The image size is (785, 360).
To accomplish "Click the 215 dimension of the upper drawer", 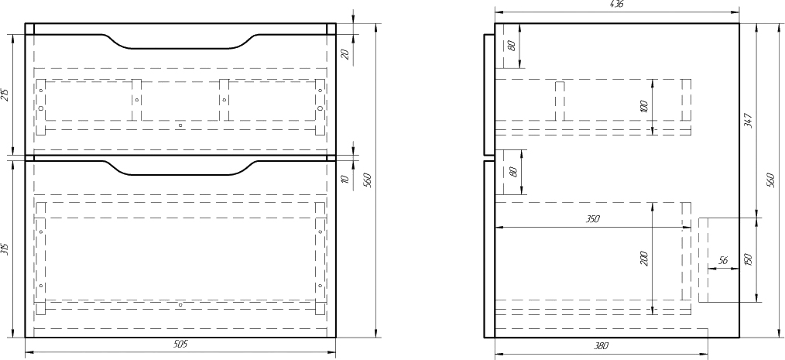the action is (5, 94).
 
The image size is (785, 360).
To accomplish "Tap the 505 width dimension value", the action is (180, 345).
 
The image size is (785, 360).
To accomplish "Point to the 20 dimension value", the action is (345, 54).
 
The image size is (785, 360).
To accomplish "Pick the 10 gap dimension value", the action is (345, 178).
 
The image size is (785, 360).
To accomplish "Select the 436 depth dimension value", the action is (617, 4).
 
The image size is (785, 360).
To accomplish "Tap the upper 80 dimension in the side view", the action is (511, 46).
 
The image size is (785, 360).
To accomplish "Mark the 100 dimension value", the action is (644, 107).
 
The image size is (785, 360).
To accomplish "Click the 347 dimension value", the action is (748, 121).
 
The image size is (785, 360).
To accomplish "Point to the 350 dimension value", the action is (592, 219).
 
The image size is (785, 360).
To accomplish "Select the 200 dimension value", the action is (644, 259).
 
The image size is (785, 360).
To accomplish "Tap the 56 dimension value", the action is (723, 260).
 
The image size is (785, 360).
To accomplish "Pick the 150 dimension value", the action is (749, 260).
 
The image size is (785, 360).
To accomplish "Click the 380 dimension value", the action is (602, 345).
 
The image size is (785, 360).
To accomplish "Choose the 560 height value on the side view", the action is (771, 180).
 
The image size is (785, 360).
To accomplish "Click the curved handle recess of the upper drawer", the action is (180, 42).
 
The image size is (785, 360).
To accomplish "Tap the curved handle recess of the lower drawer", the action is (180, 168).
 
